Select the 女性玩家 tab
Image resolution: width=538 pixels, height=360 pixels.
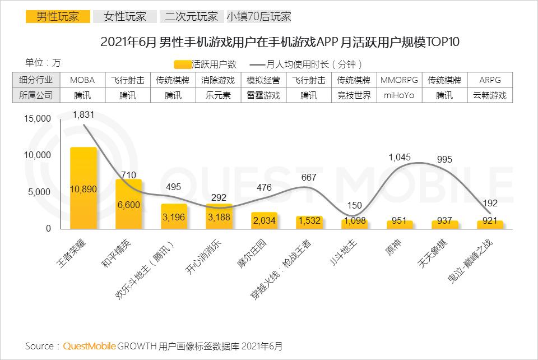tap(124, 16)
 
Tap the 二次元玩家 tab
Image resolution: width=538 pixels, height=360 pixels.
tap(191, 16)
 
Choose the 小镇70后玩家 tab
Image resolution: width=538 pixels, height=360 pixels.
tap(259, 16)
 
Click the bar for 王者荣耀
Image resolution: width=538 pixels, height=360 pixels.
tap(83, 188)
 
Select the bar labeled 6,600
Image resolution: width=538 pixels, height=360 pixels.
tap(128, 204)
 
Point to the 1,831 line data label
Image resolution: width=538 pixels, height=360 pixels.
tap(84, 114)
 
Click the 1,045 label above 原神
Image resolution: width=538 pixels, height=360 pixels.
tap(400, 158)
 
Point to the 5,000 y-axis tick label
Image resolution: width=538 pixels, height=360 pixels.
tap(40, 192)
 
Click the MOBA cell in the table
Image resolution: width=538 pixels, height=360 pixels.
tap(82, 80)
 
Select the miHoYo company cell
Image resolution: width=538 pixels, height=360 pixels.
tap(399, 95)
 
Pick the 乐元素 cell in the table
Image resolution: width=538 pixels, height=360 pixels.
tap(219, 95)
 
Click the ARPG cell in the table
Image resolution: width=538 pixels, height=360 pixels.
tap(490, 80)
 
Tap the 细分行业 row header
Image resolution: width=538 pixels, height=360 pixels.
tap(36, 80)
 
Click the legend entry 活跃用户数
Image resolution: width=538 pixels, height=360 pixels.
tap(206, 64)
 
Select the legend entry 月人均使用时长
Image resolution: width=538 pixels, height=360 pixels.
tap(309, 64)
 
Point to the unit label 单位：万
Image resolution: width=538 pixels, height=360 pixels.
tap(43, 62)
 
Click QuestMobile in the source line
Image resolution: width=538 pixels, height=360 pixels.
tap(89, 345)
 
